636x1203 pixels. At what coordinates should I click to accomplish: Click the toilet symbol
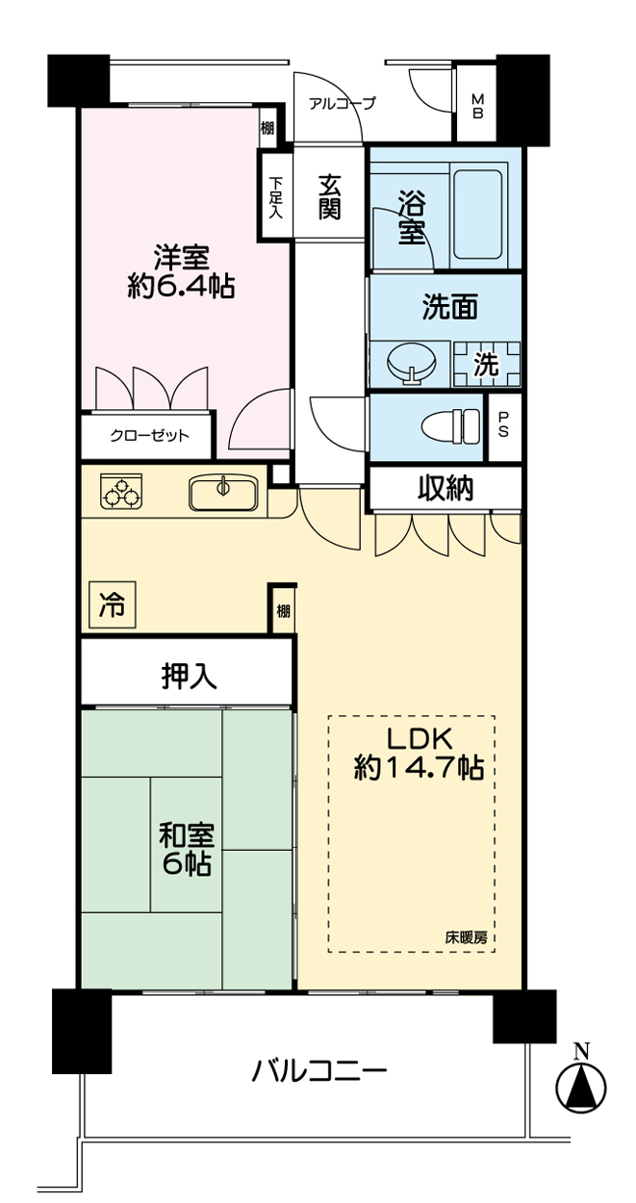[x=450, y=427]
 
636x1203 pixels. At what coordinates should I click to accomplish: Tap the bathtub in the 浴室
[x=479, y=215]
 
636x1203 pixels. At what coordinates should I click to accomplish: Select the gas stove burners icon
[x=121, y=491]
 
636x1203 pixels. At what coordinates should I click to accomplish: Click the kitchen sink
[x=222, y=493]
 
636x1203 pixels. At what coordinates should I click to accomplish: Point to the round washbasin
[x=411, y=364]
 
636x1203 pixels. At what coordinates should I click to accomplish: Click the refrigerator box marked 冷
[x=113, y=605]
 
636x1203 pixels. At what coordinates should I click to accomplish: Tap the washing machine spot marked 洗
[x=486, y=365]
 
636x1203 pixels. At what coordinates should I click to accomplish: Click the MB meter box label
[x=477, y=106]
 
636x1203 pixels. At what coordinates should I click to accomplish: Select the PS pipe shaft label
[x=503, y=424]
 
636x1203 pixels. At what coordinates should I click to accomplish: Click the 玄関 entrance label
[x=328, y=196]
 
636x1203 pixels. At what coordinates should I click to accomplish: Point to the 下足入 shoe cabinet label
[x=275, y=197]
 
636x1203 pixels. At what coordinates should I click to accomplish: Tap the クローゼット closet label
[x=149, y=435]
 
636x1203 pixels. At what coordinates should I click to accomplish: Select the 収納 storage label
[x=446, y=489]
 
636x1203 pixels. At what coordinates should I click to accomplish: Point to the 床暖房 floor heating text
[x=466, y=937]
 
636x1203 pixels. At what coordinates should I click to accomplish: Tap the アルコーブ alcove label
[x=342, y=103]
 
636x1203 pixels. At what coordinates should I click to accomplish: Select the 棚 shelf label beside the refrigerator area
[x=283, y=610]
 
